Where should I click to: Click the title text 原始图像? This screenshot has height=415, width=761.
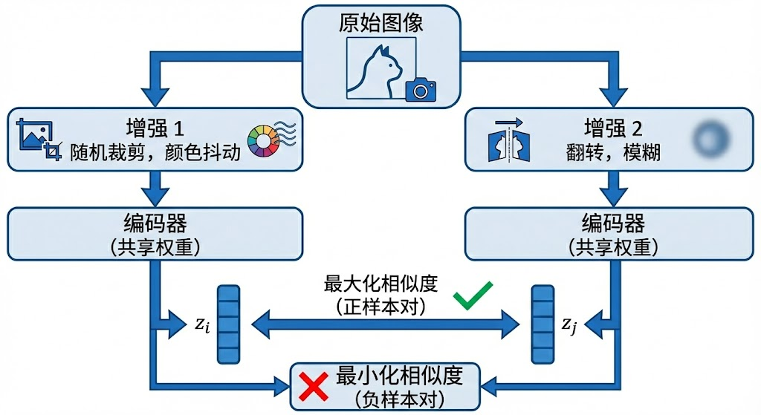click(x=381, y=23)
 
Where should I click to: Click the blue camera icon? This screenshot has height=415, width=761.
click(x=421, y=89)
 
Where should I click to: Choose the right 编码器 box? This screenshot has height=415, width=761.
click(x=609, y=233)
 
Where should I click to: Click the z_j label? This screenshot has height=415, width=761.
click(x=569, y=324)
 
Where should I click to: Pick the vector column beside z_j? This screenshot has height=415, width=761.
click(x=543, y=324)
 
